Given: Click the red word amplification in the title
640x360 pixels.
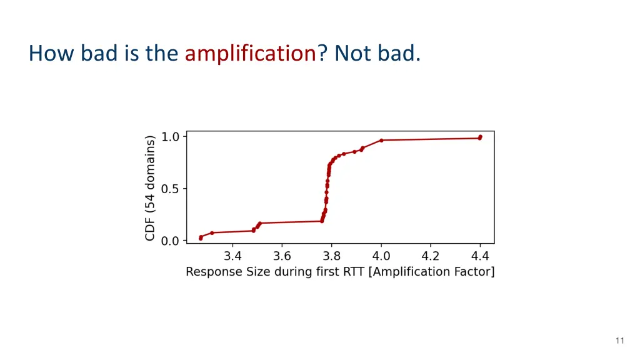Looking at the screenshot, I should coord(251,54).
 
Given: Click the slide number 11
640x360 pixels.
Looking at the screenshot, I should coord(619,341).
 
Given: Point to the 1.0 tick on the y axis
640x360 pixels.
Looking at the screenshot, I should coord(170,136).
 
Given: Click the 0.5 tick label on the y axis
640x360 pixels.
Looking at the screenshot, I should coord(170,189).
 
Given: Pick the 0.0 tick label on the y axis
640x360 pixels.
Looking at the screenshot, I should coord(170,241).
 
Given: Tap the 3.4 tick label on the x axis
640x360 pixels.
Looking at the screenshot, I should coord(232,256).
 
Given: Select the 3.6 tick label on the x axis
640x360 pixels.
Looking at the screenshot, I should coord(282,256).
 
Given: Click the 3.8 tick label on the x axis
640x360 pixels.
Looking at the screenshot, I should coord(331,256).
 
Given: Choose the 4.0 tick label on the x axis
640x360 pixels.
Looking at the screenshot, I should coord(381,256).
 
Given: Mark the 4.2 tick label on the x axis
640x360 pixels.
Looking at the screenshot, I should coord(431,256).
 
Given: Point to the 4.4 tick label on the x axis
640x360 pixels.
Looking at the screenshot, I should coord(479,256).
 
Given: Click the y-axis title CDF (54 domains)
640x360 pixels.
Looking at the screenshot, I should coord(150,189).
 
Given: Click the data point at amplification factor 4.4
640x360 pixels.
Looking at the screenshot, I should coord(480,137).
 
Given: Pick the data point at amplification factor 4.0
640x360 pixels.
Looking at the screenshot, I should coord(381,140).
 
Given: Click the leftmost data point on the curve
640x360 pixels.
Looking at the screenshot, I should coord(201,237).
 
